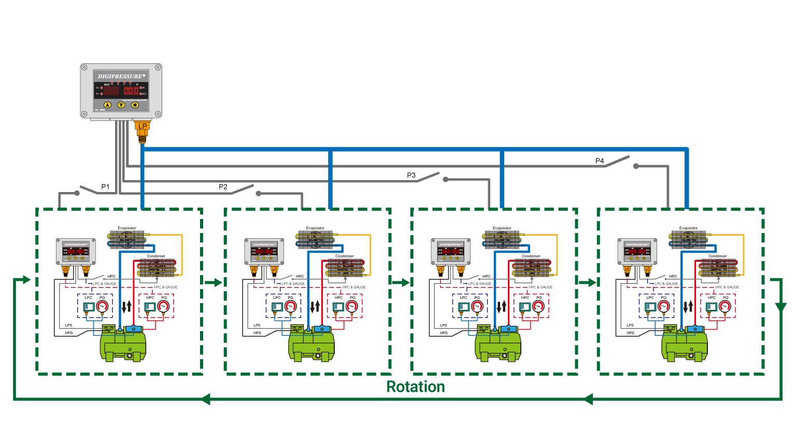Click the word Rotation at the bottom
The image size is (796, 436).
click(416, 387)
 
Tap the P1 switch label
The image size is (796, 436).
click(105, 187)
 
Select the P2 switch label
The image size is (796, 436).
click(223, 187)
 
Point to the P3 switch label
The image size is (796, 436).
click(411, 175)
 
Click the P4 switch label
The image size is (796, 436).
click(600, 161)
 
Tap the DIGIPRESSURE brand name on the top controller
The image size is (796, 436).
click(121, 76)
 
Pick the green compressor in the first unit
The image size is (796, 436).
click(123, 345)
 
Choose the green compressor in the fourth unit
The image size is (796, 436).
click(684, 345)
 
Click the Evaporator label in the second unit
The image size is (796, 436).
click(315, 228)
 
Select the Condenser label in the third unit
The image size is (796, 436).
click(531, 256)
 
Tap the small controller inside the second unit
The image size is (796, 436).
click(264, 252)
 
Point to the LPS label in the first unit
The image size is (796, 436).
click(68, 325)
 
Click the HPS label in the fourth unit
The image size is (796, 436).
click(630, 333)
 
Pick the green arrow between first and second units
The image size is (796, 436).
click(213, 282)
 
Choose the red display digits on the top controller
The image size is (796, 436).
click(131, 91)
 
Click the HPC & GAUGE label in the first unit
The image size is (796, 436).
click(166, 287)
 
